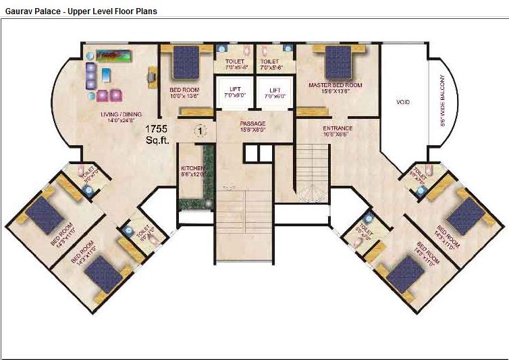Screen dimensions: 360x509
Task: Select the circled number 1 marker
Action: tap(200, 130)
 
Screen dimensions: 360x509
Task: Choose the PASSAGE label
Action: tap(253, 124)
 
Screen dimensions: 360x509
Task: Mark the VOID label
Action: tap(403, 103)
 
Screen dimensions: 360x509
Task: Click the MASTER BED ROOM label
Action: tap(336, 86)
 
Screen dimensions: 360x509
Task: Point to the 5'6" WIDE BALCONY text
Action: tap(444, 101)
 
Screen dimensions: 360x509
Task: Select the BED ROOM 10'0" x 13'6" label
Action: tap(183, 93)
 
